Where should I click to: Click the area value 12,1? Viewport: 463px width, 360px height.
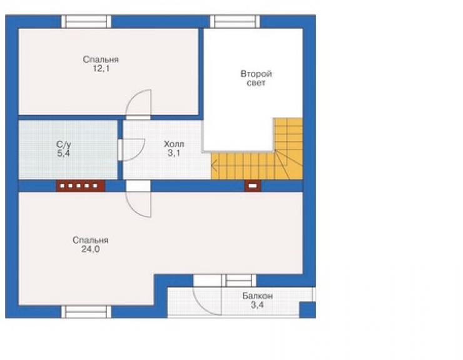(x=101, y=69)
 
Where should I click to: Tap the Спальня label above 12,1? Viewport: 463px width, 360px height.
(x=101, y=59)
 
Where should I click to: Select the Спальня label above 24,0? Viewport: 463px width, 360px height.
(x=91, y=240)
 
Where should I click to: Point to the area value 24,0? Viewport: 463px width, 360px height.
(x=91, y=249)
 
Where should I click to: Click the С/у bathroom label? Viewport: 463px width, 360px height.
(x=64, y=145)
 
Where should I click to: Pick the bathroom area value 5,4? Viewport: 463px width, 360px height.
(x=64, y=153)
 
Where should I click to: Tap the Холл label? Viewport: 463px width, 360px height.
(x=174, y=144)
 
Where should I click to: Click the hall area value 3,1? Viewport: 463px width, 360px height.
(x=174, y=153)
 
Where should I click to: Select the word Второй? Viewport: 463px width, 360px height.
(x=256, y=74)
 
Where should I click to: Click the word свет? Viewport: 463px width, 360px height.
(x=256, y=83)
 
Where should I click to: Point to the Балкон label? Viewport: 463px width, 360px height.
(x=258, y=296)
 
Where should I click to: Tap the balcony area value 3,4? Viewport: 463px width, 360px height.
(x=258, y=305)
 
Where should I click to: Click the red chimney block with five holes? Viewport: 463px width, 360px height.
(x=81, y=186)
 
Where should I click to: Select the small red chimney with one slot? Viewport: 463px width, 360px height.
(x=253, y=186)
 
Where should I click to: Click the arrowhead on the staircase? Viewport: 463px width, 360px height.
(x=214, y=165)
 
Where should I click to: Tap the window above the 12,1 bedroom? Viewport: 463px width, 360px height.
(x=86, y=21)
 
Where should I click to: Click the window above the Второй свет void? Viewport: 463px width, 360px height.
(x=235, y=21)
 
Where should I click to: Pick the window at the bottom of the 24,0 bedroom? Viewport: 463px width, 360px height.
(x=86, y=312)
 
